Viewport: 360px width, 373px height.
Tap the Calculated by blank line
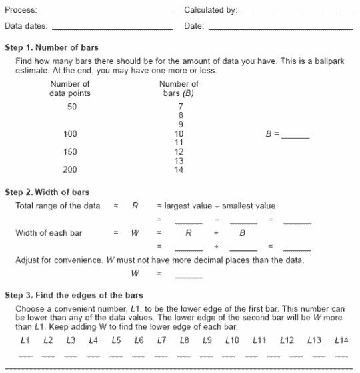(x=296, y=13)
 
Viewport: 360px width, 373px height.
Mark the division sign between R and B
(x=216, y=233)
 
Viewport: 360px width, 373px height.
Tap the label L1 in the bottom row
(x=25, y=341)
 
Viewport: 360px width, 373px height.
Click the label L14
(x=341, y=341)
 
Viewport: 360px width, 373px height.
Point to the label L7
(x=161, y=341)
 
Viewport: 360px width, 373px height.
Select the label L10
(x=231, y=341)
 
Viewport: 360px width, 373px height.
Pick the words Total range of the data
(x=57, y=206)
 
